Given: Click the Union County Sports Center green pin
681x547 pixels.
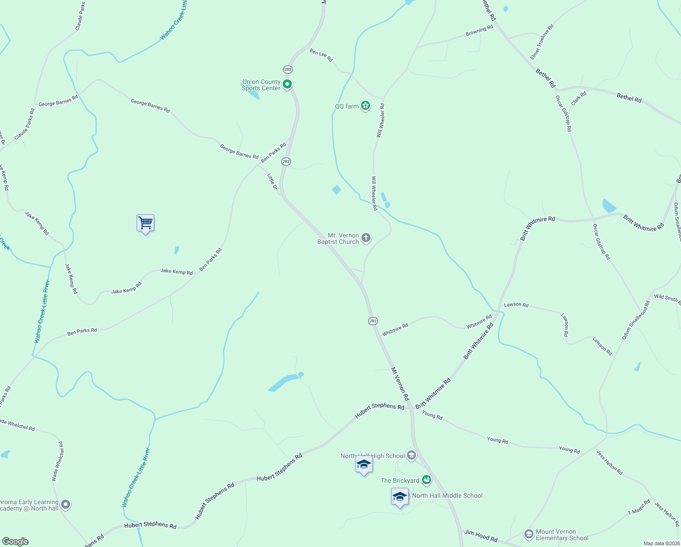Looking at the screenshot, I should tap(287, 84).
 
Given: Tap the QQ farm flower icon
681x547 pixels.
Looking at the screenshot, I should tap(365, 106).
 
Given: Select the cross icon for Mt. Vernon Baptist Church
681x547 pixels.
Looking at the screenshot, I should tap(366, 237).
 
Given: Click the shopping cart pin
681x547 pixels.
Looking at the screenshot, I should tap(145, 223).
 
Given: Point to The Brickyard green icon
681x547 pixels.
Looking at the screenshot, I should tap(426, 480).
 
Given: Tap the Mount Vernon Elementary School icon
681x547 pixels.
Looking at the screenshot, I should tap(529, 534).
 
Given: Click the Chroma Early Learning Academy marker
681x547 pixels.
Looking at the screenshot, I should tap(66, 504).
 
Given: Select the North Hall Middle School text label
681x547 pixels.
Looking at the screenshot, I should tap(447, 495).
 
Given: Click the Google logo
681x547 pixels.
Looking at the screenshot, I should tap(15, 542).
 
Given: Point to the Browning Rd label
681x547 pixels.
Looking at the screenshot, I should tap(479, 31).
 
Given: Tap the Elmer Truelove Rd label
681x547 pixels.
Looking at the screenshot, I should tap(542, 42).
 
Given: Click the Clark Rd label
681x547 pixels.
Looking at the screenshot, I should tap(579, 98).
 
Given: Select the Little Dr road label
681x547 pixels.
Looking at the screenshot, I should tap(272, 181).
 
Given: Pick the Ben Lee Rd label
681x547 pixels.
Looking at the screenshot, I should tap(321, 55).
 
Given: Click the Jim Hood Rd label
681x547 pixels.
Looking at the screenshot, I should tap(481, 536).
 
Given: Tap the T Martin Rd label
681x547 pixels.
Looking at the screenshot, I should tap(639, 507).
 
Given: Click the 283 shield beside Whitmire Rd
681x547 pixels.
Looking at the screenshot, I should tap(373, 321).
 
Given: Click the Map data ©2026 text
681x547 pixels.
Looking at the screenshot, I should tap(661, 543).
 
